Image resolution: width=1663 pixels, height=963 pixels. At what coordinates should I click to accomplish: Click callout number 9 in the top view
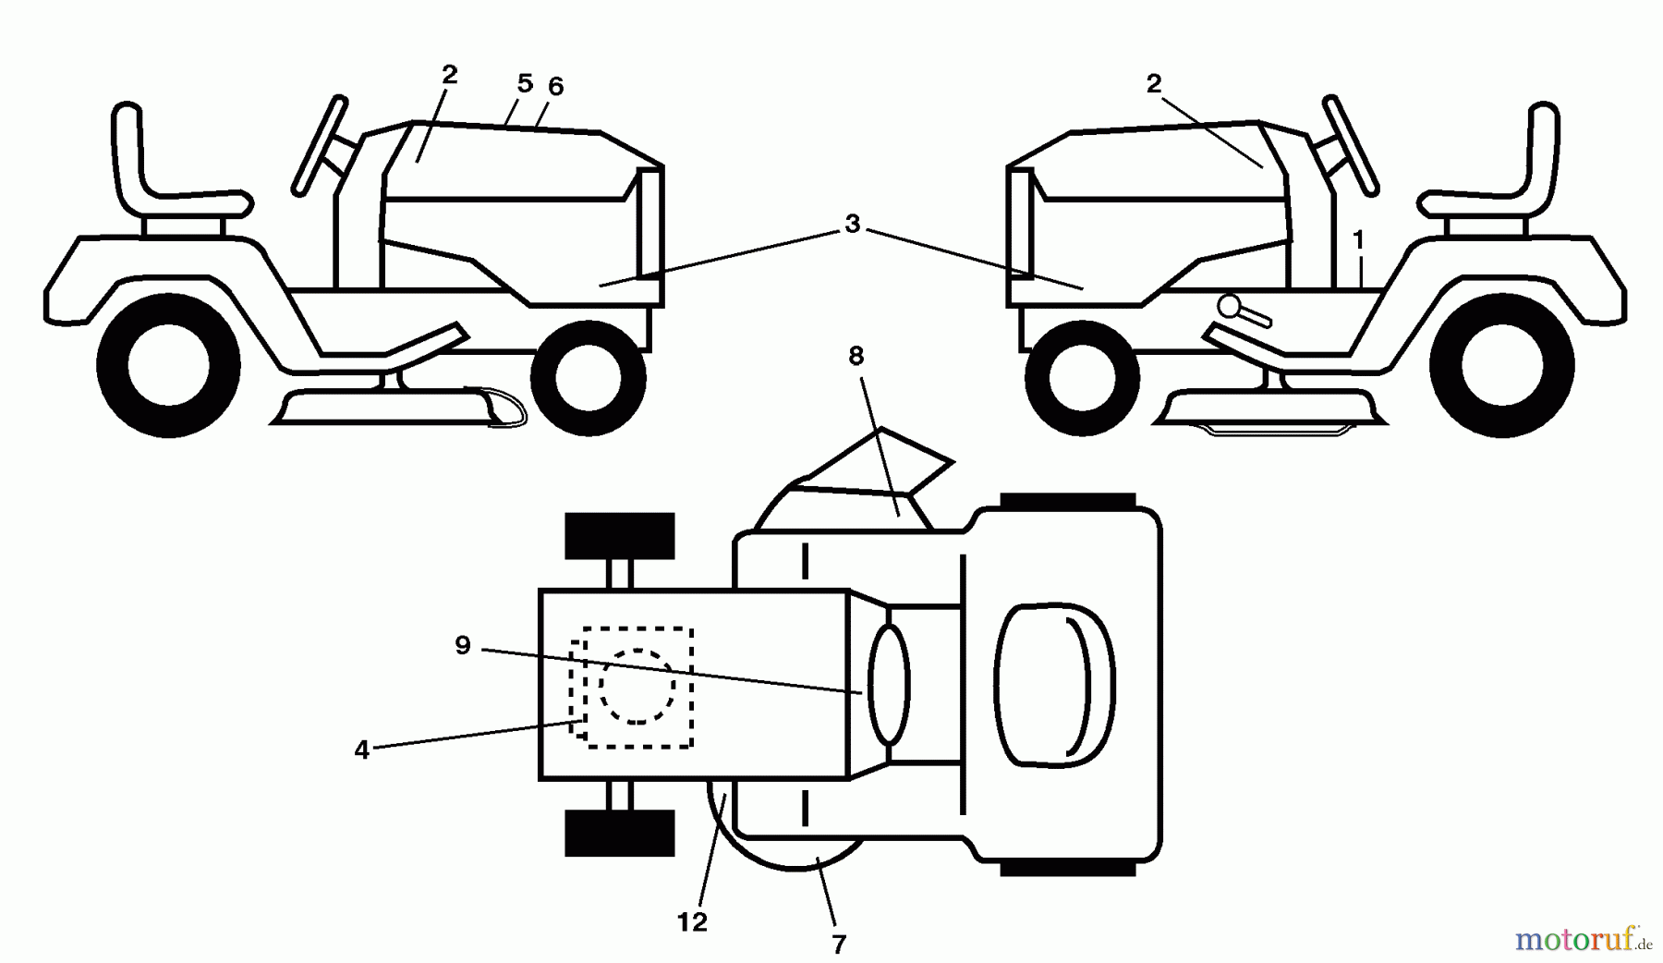click(463, 645)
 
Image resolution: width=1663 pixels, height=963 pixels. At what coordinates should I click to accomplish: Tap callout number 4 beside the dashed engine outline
click(361, 750)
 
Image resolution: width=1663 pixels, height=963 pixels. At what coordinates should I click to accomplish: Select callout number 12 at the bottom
click(692, 921)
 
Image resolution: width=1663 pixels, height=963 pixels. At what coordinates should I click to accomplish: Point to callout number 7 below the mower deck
click(838, 944)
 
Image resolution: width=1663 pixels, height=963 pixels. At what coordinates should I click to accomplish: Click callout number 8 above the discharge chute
click(856, 356)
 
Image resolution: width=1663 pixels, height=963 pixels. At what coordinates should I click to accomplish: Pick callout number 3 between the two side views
click(852, 224)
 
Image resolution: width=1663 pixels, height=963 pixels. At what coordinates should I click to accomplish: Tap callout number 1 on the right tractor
click(1358, 240)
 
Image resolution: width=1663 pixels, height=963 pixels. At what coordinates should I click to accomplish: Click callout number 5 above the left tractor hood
click(525, 84)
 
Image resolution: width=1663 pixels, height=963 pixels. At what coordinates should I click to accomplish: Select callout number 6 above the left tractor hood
click(555, 87)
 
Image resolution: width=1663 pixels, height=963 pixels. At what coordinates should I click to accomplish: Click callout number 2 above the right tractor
click(1153, 84)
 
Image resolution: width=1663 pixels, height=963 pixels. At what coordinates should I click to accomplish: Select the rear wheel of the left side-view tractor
click(168, 366)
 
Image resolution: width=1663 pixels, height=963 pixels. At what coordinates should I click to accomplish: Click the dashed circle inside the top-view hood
click(637, 686)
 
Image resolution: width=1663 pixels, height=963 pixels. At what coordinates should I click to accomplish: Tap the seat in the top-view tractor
click(1056, 686)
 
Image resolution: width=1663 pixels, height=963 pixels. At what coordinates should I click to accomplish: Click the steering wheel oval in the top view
click(889, 685)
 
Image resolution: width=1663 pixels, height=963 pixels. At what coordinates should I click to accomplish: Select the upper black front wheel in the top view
click(620, 536)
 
